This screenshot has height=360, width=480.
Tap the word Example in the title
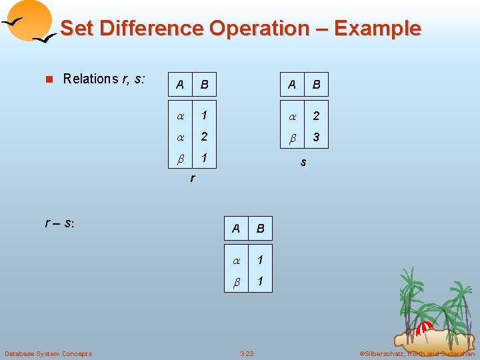[x=377, y=29]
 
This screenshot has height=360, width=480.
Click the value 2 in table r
[x=205, y=137]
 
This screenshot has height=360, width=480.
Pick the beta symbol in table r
[x=179, y=159]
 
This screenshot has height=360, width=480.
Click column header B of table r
[x=205, y=85]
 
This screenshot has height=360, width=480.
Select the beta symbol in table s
[x=292, y=138]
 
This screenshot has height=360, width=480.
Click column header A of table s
[x=292, y=85]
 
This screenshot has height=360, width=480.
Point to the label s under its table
[x=303, y=162]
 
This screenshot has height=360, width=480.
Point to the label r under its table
[x=193, y=178]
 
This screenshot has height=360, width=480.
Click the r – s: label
[x=60, y=223]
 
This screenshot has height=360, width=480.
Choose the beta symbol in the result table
[x=236, y=282]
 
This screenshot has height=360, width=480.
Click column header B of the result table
[x=261, y=229]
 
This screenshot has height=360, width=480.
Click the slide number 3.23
[x=247, y=353]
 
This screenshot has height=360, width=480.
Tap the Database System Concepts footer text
[x=49, y=353]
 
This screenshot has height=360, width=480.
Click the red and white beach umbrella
[x=425, y=329]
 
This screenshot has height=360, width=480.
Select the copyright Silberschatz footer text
[x=417, y=353]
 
